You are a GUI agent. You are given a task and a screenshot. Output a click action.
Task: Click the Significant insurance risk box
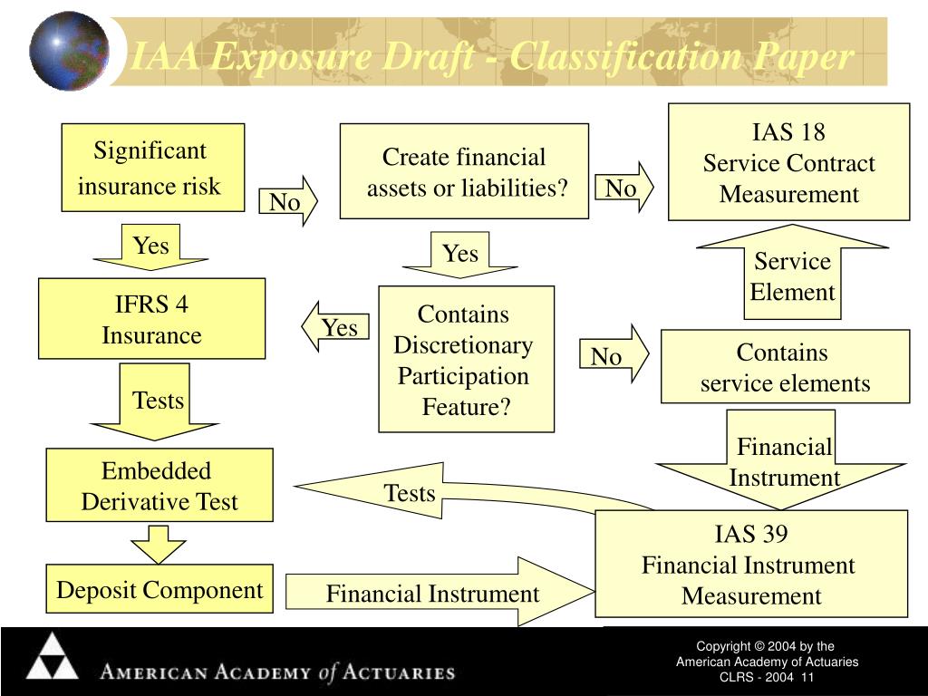pos(152,168)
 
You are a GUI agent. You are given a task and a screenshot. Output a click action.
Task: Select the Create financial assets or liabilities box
pos(464,171)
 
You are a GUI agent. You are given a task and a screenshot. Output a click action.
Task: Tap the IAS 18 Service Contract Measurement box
pos(789,162)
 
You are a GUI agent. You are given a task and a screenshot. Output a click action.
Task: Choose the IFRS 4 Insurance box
pos(151,318)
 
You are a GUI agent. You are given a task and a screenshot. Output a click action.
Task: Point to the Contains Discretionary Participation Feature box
pos(467,359)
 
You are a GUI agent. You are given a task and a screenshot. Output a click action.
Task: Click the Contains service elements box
pos(785,366)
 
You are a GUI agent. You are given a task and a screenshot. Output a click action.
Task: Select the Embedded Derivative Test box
pos(159,485)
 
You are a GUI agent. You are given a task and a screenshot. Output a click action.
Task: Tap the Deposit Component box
pos(159,588)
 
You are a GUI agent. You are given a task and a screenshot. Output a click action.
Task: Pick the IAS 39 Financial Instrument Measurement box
pos(751,564)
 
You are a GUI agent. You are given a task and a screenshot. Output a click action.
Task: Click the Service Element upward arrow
pos(792,272)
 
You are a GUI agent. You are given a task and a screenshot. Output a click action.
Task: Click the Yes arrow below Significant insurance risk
pos(151,246)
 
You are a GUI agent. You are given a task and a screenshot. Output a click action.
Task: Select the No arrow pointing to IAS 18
pos(623,187)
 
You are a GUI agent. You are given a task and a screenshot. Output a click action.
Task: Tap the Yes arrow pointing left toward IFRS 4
pos(335,326)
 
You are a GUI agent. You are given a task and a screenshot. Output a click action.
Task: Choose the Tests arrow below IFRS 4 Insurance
pos(154,401)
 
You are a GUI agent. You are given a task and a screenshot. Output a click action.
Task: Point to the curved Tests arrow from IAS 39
pos(449,490)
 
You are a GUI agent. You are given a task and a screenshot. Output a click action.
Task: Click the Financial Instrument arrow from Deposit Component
pos(440,591)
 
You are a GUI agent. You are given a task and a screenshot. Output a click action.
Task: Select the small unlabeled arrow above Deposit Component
pos(158,544)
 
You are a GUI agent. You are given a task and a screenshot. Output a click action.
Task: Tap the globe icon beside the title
pos(69,51)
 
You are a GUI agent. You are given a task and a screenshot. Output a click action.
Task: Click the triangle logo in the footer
pos(52,656)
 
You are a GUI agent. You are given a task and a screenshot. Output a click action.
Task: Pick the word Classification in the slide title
pos(625,57)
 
